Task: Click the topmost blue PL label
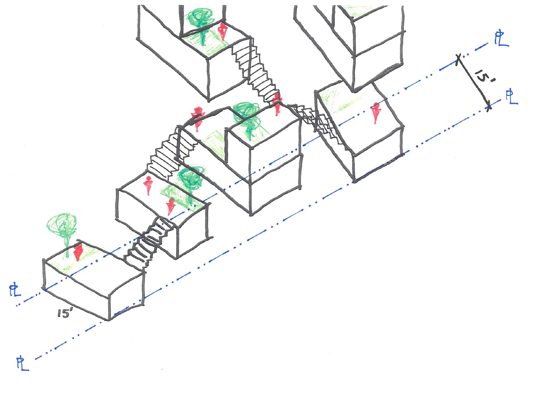pos(501,40)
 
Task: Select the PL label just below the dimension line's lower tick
pos(511,97)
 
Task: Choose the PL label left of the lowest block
pos(15,291)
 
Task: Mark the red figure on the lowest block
pos(78,252)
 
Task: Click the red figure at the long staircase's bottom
pos(277,104)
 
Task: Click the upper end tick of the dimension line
pos(458,58)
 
